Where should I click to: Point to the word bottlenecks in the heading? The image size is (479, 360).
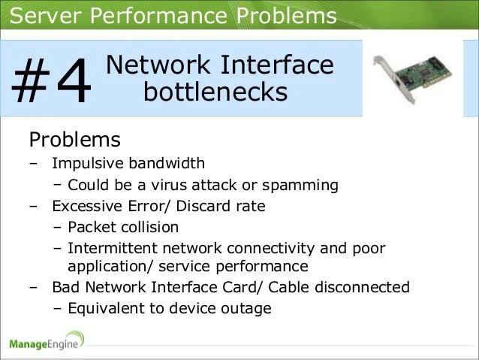215,92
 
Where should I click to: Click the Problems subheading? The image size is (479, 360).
74,140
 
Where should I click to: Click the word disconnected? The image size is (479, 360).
367,287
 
